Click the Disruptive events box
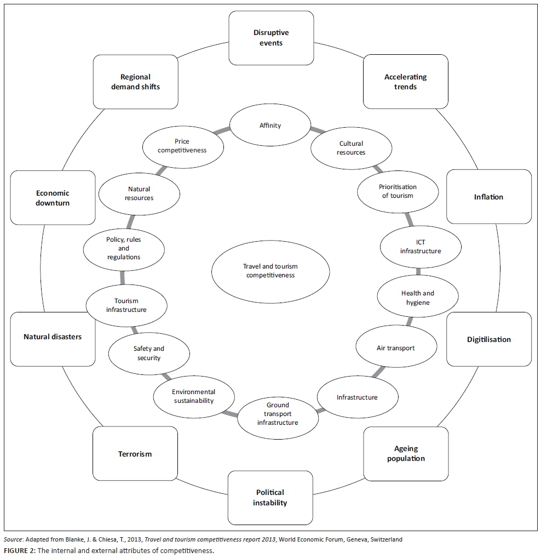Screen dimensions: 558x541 (x=270, y=38)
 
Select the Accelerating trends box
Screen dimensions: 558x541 (x=405, y=82)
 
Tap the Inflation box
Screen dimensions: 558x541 (x=488, y=197)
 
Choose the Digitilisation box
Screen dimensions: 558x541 (x=488, y=339)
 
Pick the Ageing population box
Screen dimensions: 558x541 (x=406, y=454)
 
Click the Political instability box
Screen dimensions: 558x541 (x=270, y=497)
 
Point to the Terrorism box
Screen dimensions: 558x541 (x=135, y=454)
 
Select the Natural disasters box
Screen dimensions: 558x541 (x=53, y=337)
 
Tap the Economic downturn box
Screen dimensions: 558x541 (x=53, y=197)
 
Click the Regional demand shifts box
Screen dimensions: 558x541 (x=135, y=82)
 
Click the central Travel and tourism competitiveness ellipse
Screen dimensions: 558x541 (x=270, y=271)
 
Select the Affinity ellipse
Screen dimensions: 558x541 (x=270, y=126)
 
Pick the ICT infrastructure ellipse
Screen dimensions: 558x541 (x=420, y=247)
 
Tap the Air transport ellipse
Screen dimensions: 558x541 (x=395, y=348)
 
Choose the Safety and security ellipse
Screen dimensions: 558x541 (x=148, y=353)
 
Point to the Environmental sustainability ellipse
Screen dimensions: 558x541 (x=193, y=396)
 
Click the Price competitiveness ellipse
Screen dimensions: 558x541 (x=182, y=146)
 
